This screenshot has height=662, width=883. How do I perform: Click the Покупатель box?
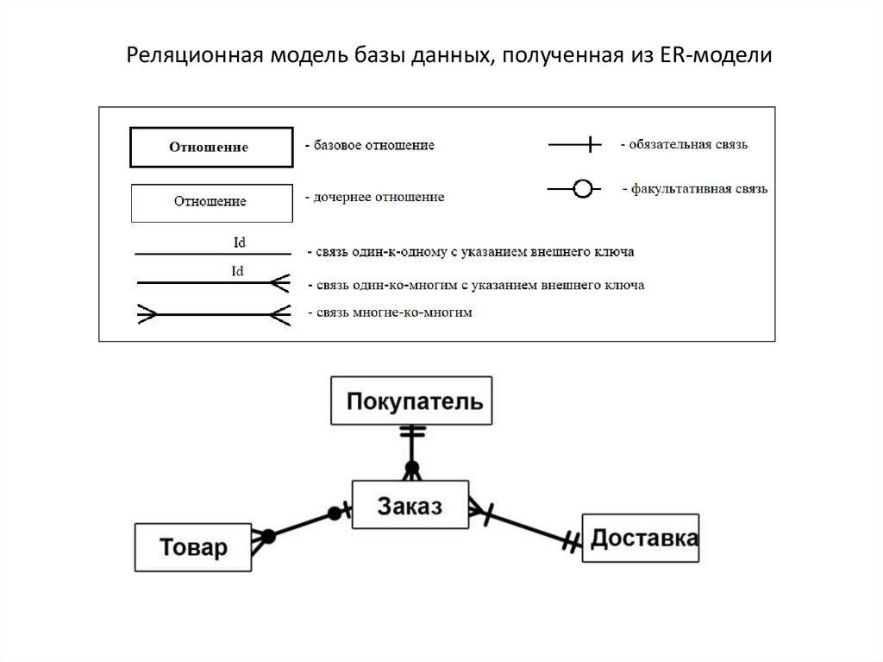click(411, 400)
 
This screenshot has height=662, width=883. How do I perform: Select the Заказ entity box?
click(410, 506)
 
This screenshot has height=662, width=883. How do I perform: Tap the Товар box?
click(193, 546)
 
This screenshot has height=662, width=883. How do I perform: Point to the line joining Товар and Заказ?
click(302, 524)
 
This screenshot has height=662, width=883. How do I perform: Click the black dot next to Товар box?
click(268, 537)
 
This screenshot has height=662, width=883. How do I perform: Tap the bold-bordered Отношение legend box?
click(209, 147)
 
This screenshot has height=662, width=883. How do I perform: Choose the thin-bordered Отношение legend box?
click(210, 201)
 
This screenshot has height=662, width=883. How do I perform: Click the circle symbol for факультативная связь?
click(583, 188)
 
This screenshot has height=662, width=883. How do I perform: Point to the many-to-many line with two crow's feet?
click(210, 314)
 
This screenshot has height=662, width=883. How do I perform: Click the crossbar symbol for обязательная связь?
click(590, 145)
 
